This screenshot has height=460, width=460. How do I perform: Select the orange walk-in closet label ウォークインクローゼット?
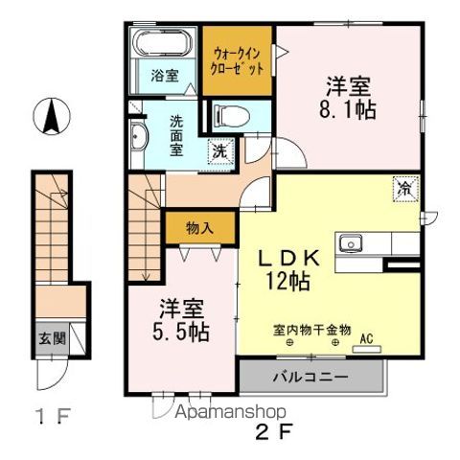click(237, 62)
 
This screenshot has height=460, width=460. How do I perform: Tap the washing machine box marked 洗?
click(219, 149)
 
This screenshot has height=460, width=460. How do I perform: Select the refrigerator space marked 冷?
click(407, 189)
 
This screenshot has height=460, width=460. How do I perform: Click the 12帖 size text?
click(287, 282)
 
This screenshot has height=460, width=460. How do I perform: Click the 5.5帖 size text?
click(185, 332)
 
